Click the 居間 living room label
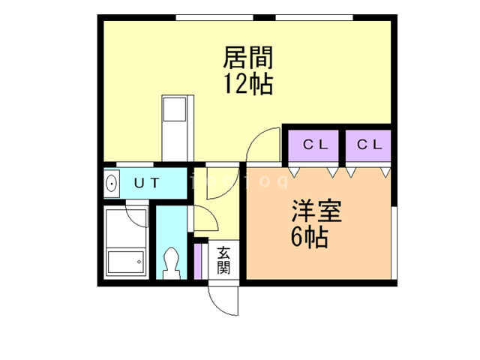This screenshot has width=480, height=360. pos(247,58)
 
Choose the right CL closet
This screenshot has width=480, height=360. pos(369,145)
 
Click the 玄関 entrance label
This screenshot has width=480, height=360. pos(224,259)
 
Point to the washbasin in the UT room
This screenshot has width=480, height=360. pos(112,182)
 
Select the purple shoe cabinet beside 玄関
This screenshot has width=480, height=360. pos(199,259)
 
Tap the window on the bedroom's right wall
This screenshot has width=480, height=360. pos(394,244)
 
